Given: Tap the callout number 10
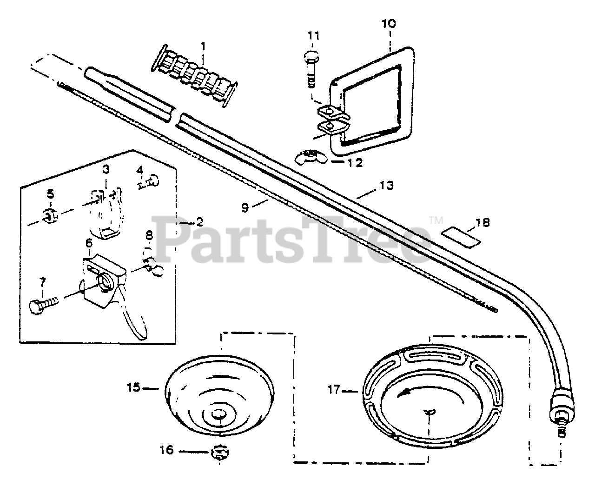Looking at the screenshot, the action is pyautogui.click(x=389, y=23).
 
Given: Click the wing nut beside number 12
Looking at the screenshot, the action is pyautogui.click(x=309, y=158).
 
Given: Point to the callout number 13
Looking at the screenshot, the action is pyautogui.click(x=386, y=186).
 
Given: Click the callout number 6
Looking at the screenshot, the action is pyautogui.click(x=88, y=243).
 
